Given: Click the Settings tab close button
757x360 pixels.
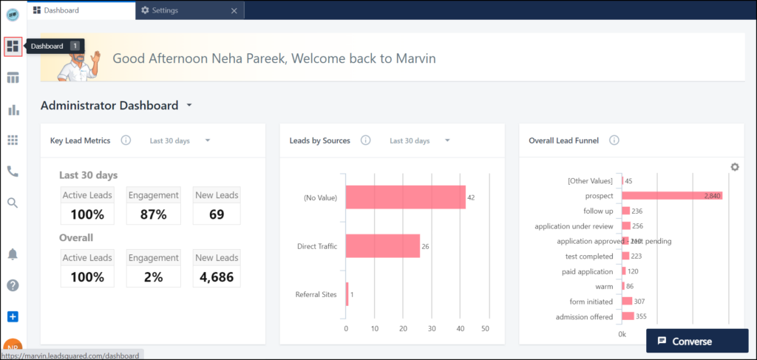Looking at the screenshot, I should click(234, 10).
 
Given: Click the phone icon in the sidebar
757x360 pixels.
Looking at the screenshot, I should click(13, 171).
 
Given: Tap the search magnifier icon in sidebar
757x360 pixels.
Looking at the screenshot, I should click(13, 203).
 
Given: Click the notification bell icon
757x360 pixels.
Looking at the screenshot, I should click(13, 254).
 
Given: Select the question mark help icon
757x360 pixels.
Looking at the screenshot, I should click(13, 285).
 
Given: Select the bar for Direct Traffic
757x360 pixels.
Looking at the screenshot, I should click(382, 246).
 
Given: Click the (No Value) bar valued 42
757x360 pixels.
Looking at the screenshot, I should click(405, 197).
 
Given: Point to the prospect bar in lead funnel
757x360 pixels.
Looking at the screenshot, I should click(671, 195).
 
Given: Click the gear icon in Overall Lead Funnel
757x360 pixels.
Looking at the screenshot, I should click(734, 167).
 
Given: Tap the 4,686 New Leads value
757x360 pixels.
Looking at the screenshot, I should click(216, 277).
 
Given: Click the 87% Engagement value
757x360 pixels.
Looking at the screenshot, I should click(153, 215).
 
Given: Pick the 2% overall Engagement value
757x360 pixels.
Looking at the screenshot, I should click(153, 277).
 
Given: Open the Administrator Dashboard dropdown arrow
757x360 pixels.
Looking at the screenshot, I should click(189, 106).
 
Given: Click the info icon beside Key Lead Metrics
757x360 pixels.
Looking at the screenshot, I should click(126, 140).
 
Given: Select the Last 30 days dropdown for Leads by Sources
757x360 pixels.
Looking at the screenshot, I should click(419, 140).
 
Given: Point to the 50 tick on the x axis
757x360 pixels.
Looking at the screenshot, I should click(486, 327).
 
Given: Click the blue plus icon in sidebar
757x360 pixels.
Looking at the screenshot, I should click(13, 316).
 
